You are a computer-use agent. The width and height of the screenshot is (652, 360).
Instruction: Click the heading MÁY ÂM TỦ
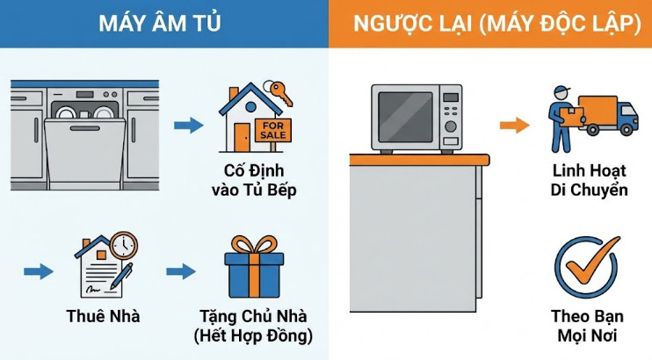click(163, 24)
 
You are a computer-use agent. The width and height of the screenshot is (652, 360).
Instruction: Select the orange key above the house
click(280, 90)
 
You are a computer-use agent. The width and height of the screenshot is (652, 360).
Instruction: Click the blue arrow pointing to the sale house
click(188, 126)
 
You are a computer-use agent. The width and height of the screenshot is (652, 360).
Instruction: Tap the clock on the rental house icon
click(123, 246)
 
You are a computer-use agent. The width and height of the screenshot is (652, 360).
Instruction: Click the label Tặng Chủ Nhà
click(254, 317)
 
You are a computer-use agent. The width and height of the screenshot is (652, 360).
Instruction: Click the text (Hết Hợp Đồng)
click(254, 335)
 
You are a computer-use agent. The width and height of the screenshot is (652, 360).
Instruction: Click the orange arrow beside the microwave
click(512, 126)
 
